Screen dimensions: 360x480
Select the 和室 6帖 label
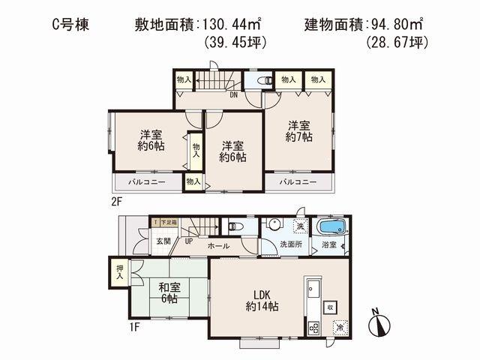[x=167, y=292]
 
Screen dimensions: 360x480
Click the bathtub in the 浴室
[x=331, y=227]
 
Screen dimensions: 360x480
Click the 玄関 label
[x=164, y=241]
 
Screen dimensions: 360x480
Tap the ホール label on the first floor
[x=217, y=245]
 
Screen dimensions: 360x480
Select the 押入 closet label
[x=119, y=271]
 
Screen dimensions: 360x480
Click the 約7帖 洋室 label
[x=298, y=130]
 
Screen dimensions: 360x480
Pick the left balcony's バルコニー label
[x=141, y=181]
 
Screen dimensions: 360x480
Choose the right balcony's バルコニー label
[x=297, y=181]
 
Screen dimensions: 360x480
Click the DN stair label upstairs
[x=233, y=95]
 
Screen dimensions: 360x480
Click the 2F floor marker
[x=115, y=200]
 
